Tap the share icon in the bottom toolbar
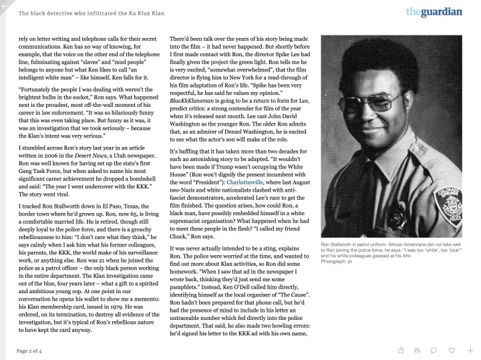coord(401,349)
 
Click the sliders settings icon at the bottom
coord(418,349)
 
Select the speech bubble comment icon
coord(434,349)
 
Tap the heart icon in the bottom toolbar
coord(452,349)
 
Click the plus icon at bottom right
coord(470,349)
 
